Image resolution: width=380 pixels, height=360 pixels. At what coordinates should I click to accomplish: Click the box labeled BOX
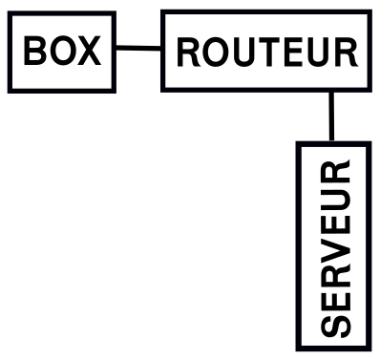coord(61,51)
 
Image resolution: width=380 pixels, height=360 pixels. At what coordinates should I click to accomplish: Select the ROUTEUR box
coord(265,51)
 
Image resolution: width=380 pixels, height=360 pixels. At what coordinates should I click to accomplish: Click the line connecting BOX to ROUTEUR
coord(137,48)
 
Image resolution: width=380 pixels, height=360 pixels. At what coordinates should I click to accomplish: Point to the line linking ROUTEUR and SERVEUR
coord(330,116)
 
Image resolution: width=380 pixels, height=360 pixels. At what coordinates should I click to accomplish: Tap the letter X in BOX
coord(88,51)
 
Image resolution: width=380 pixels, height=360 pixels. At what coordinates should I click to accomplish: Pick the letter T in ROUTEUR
coord(266,53)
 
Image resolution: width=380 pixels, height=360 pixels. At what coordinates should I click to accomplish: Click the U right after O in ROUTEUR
coord(242,53)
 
